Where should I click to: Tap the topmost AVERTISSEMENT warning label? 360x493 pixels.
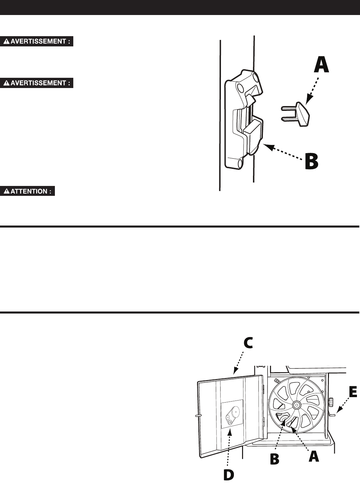pyautogui.click(x=37, y=42)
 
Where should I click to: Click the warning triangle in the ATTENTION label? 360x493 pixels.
pyautogui.click(x=7, y=191)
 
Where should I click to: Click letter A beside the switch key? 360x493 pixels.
pyautogui.click(x=321, y=65)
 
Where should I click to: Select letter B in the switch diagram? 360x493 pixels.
pyautogui.click(x=311, y=162)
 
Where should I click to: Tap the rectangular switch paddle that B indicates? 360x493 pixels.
pyautogui.click(x=253, y=135)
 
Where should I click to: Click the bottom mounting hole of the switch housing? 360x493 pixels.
pyautogui.click(x=240, y=163)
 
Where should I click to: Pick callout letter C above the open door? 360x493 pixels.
pyautogui.click(x=248, y=343)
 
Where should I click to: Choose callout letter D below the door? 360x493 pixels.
pyautogui.click(x=228, y=475)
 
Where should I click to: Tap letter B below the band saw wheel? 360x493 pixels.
pyautogui.click(x=274, y=459)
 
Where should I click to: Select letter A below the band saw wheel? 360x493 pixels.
pyautogui.click(x=314, y=456)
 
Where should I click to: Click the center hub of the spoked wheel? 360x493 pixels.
pyautogui.click(x=296, y=405)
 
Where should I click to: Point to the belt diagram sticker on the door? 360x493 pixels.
pyautogui.click(x=232, y=414)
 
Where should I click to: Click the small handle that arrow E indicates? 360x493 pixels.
pyautogui.click(x=332, y=415)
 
